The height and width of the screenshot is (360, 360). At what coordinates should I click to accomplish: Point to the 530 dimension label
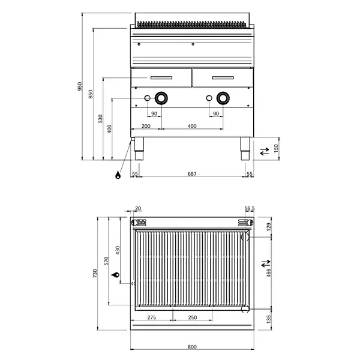pos(100,118)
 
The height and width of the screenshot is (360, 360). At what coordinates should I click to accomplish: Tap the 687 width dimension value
pos(191,173)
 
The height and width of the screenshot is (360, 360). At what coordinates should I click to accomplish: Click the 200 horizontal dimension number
pos(146,127)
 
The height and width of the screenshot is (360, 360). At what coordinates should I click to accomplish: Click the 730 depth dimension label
pos(94,274)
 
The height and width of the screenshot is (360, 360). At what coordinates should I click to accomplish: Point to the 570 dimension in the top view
pos(106,260)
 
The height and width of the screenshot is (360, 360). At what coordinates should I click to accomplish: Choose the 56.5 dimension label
pos(249,209)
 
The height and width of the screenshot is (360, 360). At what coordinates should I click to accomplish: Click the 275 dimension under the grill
pos(152,317)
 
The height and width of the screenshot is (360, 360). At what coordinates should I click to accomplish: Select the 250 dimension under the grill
pos(191,317)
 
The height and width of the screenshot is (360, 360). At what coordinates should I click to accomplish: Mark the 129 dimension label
pos(269,226)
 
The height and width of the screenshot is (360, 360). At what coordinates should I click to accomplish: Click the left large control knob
pos(161,98)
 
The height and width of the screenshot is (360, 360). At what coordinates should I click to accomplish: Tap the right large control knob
pos(223,98)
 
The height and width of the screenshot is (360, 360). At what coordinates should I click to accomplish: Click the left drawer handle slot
pos(160,77)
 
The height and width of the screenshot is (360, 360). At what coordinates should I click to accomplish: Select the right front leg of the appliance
pos(245,148)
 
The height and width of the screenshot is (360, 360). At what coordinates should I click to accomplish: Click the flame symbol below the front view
pos(118,175)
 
